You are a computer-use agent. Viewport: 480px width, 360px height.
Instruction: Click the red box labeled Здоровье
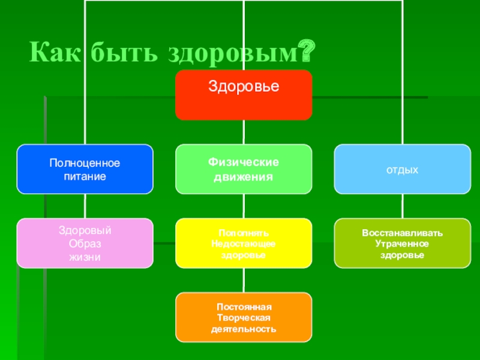[244, 95]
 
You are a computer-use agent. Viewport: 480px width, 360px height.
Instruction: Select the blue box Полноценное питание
[85, 169]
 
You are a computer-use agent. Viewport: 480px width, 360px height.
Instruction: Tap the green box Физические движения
[244, 169]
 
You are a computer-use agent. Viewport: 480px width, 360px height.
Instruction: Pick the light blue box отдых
[402, 169]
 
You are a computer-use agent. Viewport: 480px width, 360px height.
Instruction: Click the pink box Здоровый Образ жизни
[85, 243]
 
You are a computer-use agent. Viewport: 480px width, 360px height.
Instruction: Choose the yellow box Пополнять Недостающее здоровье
[244, 243]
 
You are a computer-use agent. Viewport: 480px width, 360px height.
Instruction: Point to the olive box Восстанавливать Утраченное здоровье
[402, 243]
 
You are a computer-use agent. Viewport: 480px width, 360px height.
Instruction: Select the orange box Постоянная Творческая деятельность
[244, 317]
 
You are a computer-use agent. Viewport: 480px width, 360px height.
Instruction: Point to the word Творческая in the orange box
[244, 317]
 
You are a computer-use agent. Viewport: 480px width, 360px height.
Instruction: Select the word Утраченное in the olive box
[402, 244]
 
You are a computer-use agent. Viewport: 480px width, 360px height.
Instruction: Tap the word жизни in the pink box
[85, 257]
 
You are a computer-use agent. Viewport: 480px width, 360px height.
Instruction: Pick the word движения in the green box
[244, 177]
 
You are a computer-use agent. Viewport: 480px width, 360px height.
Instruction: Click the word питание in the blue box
[85, 177]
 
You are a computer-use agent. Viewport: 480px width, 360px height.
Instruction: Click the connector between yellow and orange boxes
[244, 280]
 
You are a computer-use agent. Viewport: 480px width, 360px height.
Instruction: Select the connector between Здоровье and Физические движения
[244, 132]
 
